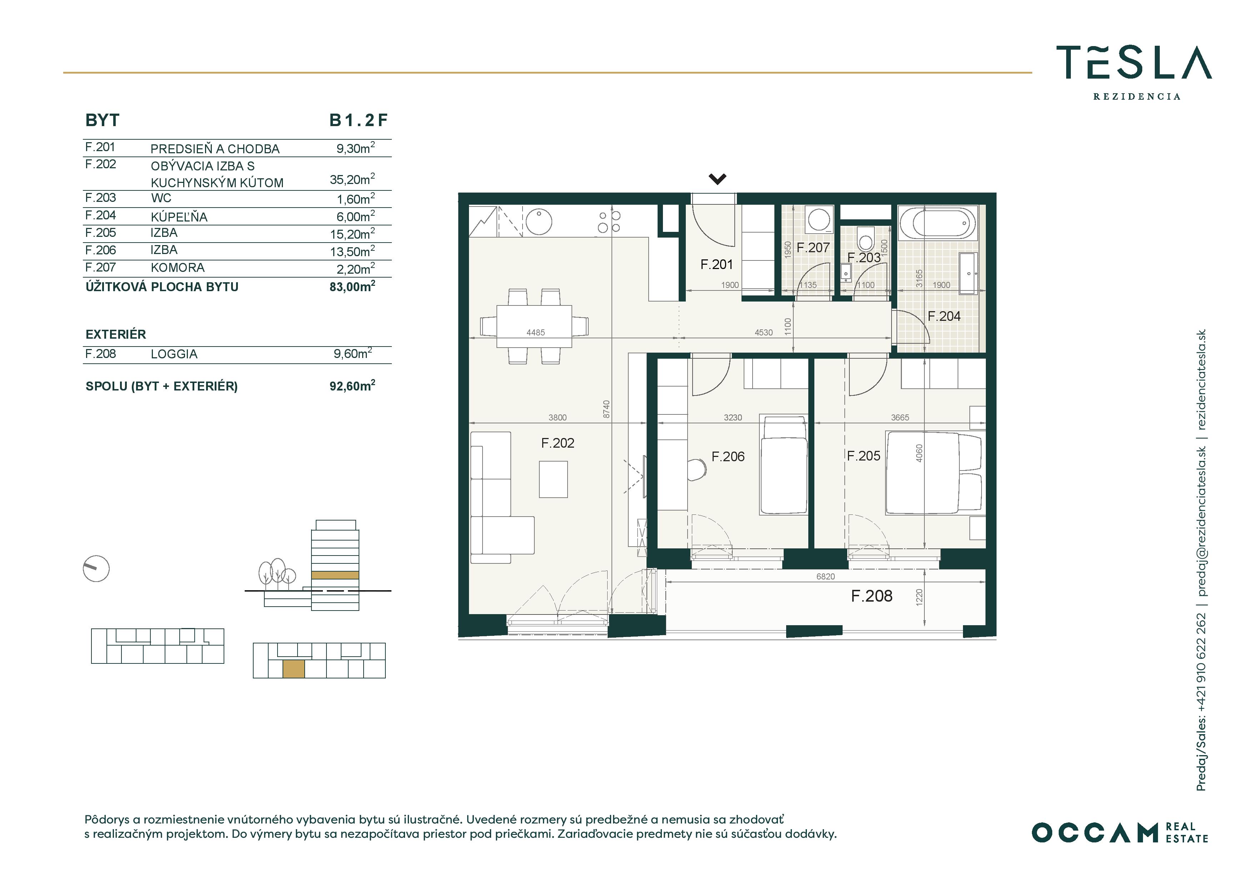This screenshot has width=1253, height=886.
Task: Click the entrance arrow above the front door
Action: tap(717, 179)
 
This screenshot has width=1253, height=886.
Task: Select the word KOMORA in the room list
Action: tap(178, 268)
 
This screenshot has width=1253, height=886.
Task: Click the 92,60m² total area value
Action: tap(352, 386)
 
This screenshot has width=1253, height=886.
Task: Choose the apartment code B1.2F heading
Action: tap(358, 120)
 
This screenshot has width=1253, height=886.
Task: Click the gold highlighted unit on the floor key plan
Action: tap(294, 669)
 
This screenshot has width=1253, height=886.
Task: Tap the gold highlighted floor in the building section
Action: tap(335, 576)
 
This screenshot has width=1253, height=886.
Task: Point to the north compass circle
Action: tap(96, 569)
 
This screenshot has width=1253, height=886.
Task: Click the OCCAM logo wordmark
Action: tap(1094, 832)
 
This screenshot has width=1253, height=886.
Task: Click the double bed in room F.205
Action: tap(933, 473)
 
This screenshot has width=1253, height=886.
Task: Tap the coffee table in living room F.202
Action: tap(553, 479)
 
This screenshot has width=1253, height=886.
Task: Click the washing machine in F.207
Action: tap(819, 219)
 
